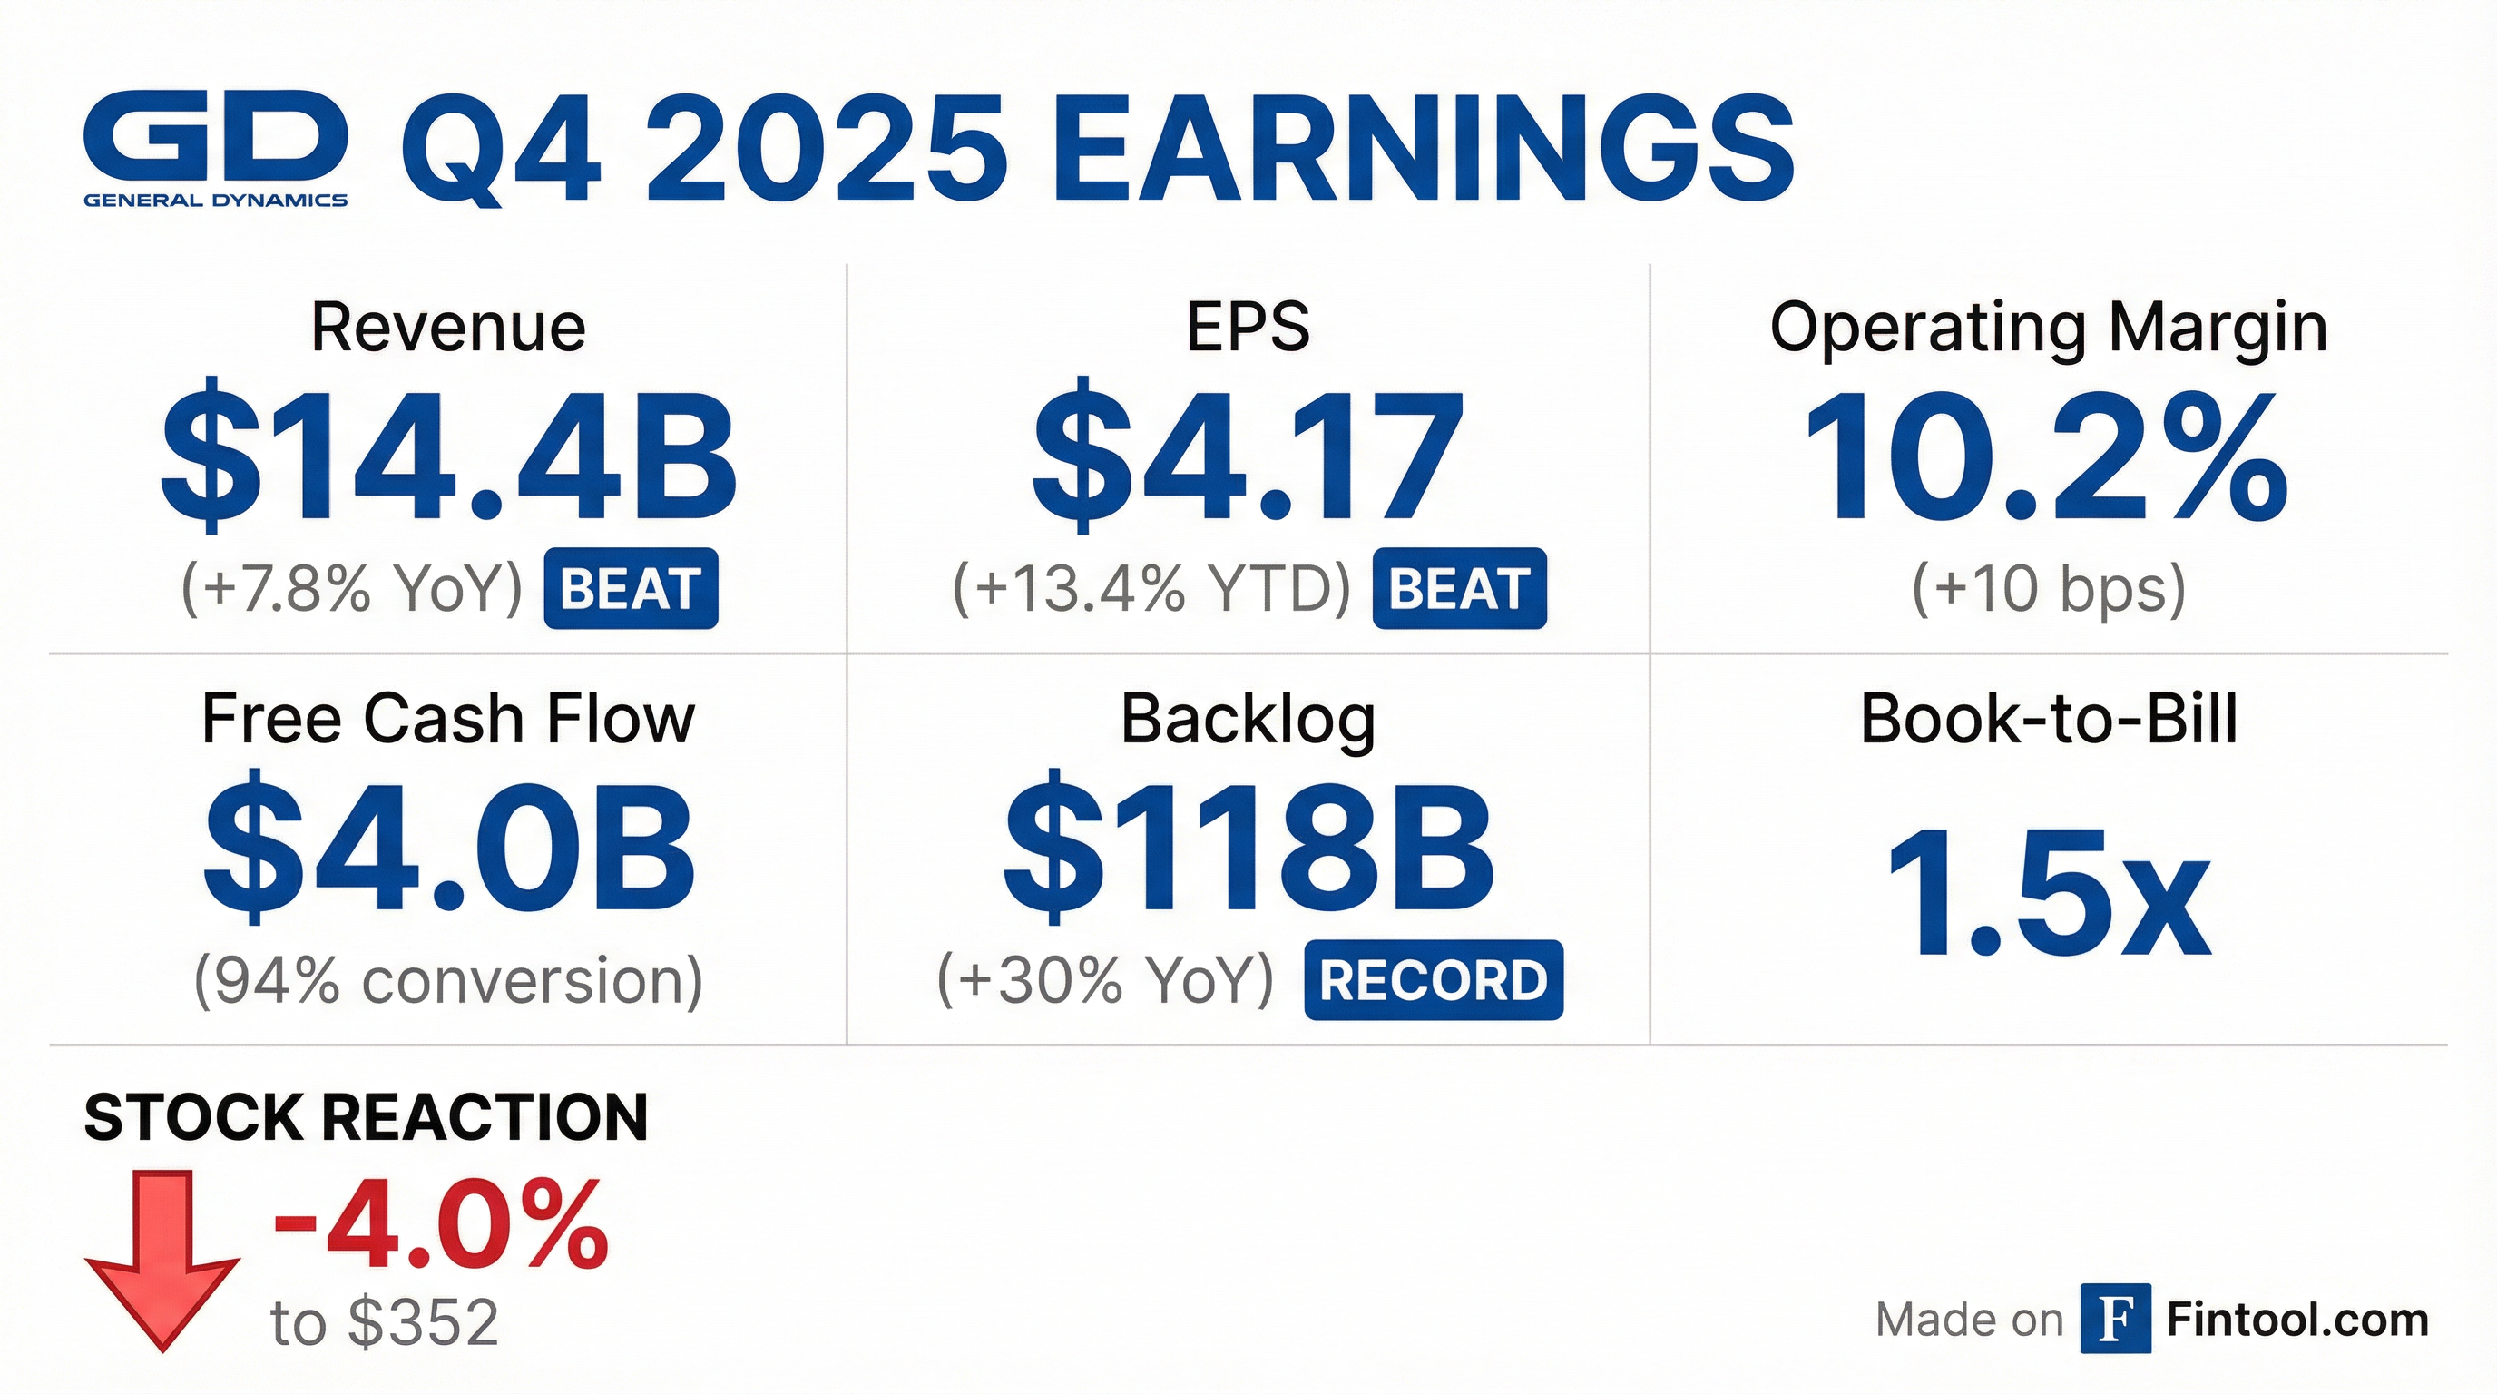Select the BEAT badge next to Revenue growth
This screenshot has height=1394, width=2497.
click(630, 588)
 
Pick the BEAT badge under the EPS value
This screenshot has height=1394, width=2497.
click(1459, 588)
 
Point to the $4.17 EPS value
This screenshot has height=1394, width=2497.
click(1248, 456)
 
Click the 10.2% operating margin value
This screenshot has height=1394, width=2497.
click(2047, 456)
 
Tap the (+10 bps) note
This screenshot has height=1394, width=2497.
click(2048, 588)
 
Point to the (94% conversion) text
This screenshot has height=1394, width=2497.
click(448, 980)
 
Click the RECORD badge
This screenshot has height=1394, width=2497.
click(1433, 980)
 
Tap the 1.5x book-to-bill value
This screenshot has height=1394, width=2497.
click(2048, 893)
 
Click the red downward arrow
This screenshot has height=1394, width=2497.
click(162, 1260)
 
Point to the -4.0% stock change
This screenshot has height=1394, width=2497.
click(441, 1224)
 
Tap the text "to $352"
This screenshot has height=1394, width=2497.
click(384, 1322)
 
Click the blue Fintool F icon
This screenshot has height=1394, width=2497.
click(2115, 1319)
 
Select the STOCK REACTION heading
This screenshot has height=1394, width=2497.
click(366, 1117)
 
